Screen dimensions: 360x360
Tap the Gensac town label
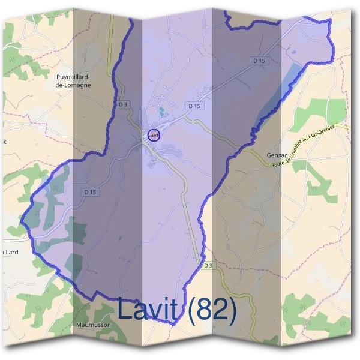click(x=278, y=154)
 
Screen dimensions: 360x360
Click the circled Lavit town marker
click(x=154, y=135)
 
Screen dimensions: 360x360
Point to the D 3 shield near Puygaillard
click(x=123, y=104)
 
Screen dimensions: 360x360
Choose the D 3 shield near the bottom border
click(x=208, y=265)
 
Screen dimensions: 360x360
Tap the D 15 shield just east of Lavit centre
click(x=193, y=106)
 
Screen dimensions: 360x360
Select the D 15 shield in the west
click(x=89, y=192)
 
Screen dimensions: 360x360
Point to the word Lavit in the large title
click(x=148, y=309)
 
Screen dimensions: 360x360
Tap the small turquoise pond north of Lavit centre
click(x=160, y=110)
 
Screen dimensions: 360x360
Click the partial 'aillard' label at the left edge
click(x=9, y=253)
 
